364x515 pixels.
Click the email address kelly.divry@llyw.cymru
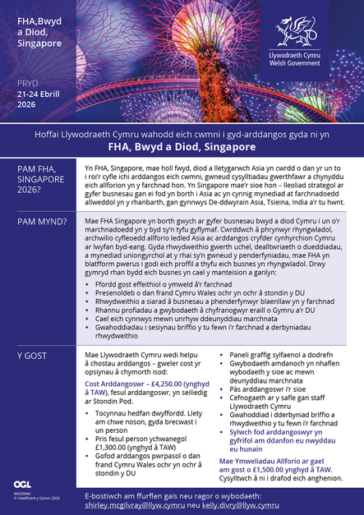[x=239, y=506]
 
